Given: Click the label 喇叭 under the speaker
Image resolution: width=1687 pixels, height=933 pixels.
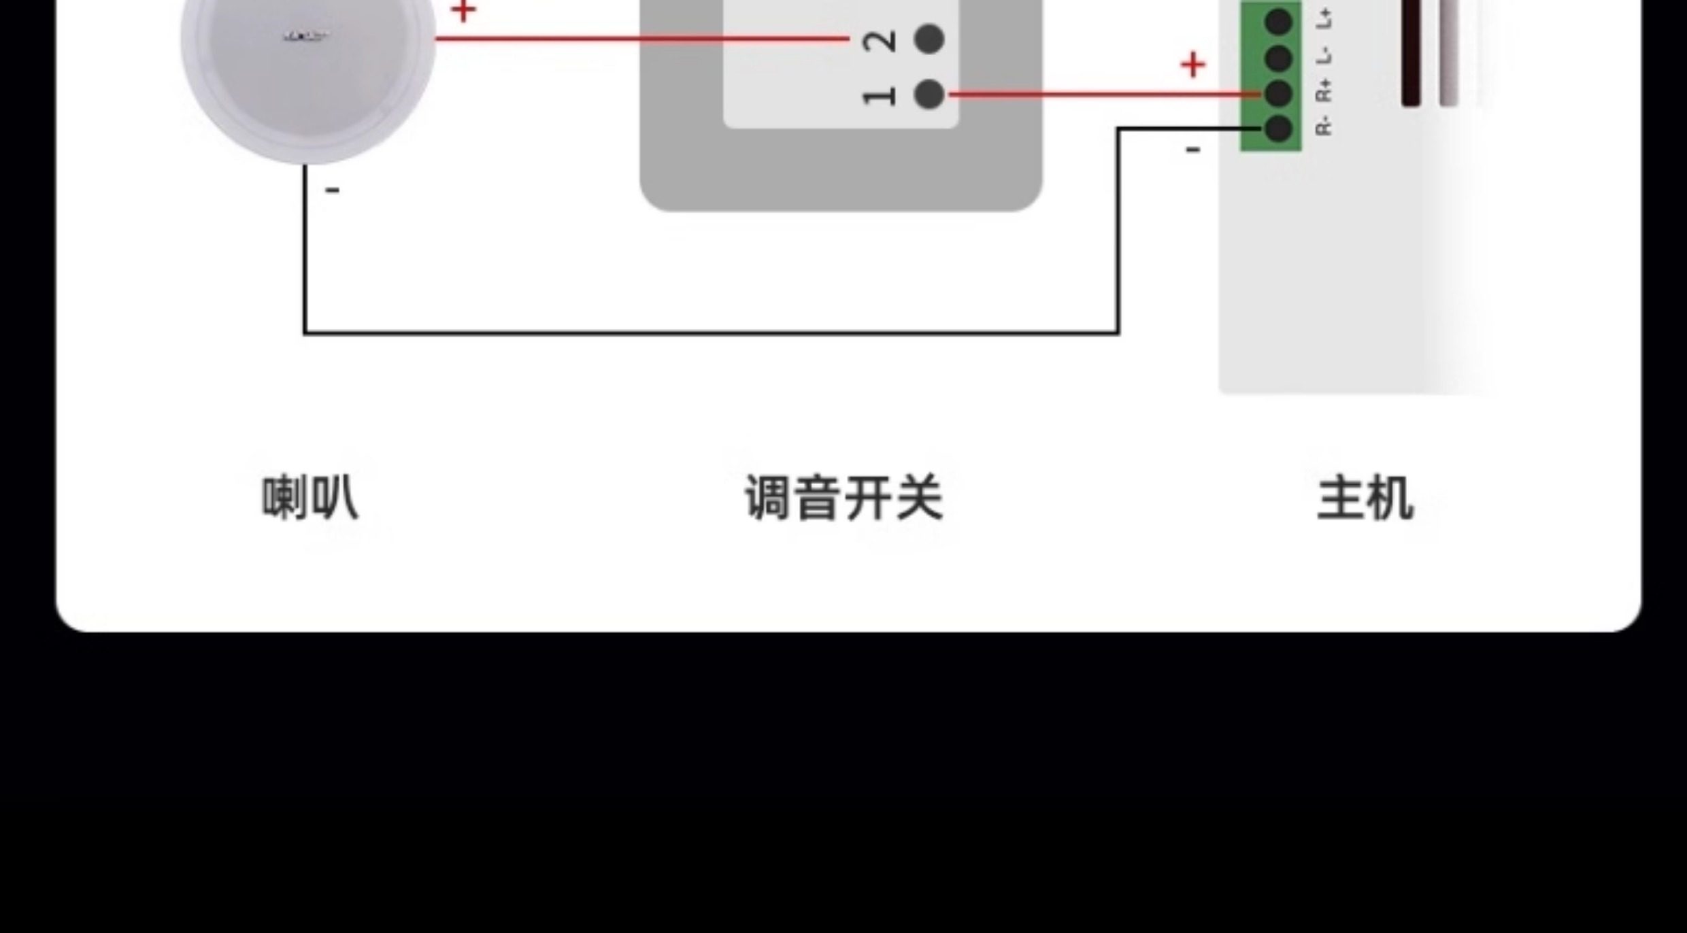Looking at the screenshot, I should click(310, 498).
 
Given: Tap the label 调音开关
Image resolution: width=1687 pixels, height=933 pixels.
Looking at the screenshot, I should click(844, 498).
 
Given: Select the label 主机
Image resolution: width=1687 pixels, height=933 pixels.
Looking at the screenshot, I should click(1365, 498).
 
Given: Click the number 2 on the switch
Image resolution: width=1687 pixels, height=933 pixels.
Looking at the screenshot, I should click(879, 41).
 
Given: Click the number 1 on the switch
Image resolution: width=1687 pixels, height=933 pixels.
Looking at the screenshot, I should click(879, 96).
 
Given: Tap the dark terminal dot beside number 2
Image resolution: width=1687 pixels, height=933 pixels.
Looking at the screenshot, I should click(929, 39).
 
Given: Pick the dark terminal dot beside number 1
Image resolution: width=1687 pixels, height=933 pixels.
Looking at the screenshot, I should click(929, 94).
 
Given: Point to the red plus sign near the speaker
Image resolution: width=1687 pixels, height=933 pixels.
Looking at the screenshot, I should click(463, 11).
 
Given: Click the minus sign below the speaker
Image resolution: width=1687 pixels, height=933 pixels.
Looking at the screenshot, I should click(332, 190).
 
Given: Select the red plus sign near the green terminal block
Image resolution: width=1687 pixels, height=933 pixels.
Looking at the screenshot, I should click(1192, 65).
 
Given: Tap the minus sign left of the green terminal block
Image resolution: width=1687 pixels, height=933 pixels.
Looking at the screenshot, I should click(1192, 150).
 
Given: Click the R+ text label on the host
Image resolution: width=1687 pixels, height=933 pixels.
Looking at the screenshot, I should click(1323, 90).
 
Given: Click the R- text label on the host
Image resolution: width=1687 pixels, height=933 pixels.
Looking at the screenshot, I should click(1323, 126).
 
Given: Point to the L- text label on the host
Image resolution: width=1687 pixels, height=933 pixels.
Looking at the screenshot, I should click(1323, 56).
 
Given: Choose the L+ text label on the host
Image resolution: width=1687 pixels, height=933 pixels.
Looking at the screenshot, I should click(1323, 19).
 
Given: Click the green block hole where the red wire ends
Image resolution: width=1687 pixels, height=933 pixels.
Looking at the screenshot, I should click(1279, 94).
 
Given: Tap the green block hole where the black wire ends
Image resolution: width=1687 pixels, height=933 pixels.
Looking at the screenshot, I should click(1279, 129).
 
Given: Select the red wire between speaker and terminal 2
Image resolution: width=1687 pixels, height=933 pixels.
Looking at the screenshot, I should click(639, 39).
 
